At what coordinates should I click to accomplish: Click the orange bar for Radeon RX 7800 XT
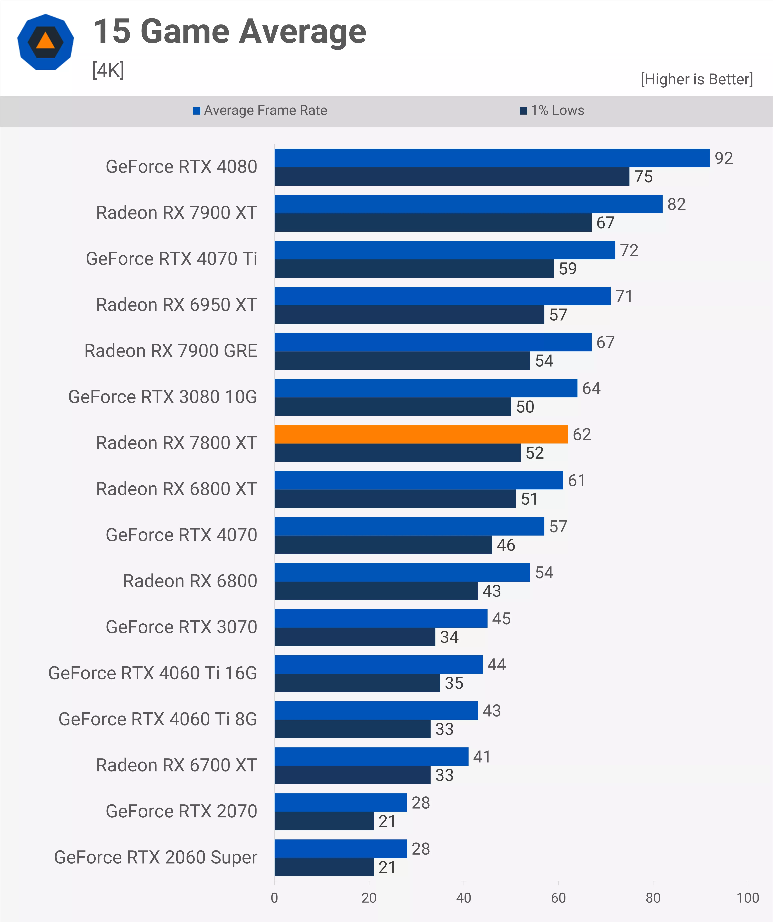[421, 434]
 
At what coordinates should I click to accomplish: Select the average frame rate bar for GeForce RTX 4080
[492, 158]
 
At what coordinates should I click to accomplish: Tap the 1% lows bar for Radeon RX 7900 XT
[433, 223]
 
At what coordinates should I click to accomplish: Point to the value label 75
[643, 177]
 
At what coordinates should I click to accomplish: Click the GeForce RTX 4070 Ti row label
[171, 259]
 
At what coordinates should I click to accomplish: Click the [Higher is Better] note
[697, 79]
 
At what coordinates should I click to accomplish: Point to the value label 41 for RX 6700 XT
[482, 756]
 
